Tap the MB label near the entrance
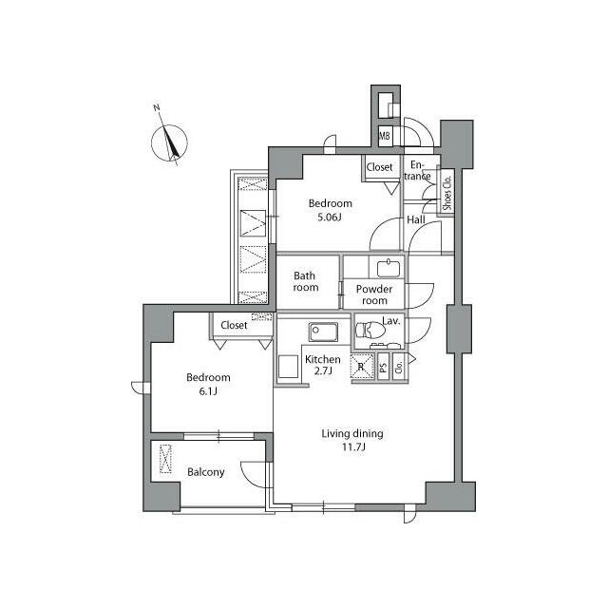pyautogui.click(x=385, y=137)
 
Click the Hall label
pyautogui.click(x=416, y=219)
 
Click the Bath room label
pyautogui.click(x=306, y=282)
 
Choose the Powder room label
pyautogui.click(x=372, y=294)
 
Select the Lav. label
pyautogui.click(x=391, y=321)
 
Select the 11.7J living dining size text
pyautogui.click(x=351, y=448)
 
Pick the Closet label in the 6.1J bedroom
pyautogui.click(x=234, y=325)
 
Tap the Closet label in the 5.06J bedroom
pyautogui.click(x=380, y=167)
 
